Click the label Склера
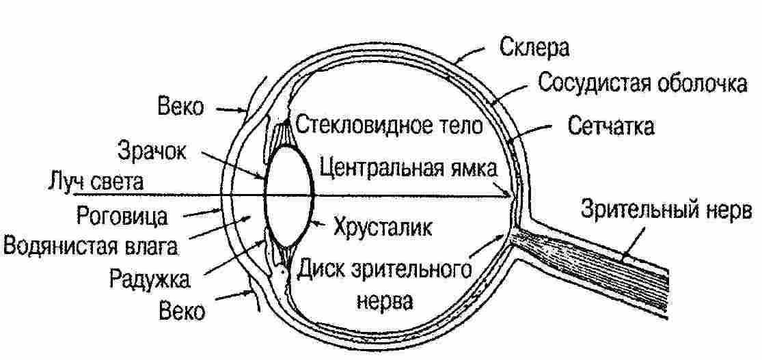(x=535, y=49)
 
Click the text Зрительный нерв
(x=666, y=210)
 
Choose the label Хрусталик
(x=383, y=226)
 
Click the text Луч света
(x=96, y=182)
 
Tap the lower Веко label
(x=181, y=311)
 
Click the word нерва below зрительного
(x=383, y=301)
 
